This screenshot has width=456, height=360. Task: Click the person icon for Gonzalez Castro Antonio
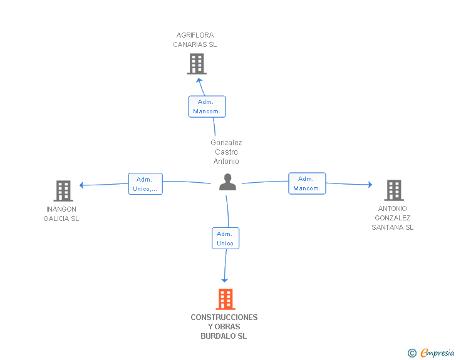pyautogui.click(x=227, y=182)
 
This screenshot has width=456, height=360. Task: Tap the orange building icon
pyautogui.click(x=225, y=299)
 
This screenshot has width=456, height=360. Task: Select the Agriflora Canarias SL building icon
pyautogui.click(x=197, y=64)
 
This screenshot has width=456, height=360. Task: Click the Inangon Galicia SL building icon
pyautogui.click(x=63, y=191)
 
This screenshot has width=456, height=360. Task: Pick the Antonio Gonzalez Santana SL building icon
pyautogui.click(x=394, y=190)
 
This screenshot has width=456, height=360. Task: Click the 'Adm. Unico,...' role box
pyautogui.click(x=145, y=184)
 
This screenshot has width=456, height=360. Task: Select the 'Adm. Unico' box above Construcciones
pyautogui.click(x=225, y=238)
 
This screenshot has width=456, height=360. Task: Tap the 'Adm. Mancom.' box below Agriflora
pyautogui.click(x=207, y=106)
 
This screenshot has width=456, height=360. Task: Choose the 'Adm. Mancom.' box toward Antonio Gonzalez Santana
pyautogui.click(x=307, y=183)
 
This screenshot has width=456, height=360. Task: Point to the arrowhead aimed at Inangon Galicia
pyautogui.click(x=81, y=185)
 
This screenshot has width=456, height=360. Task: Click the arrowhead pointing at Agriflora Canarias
pyautogui.click(x=199, y=81)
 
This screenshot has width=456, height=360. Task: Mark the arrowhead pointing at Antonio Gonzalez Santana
pyautogui.click(x=370, y=184)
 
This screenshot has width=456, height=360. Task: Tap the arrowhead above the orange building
pyautogui.click(x=224, y=280)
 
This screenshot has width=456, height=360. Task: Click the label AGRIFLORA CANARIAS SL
pyautogui.click(x=195, y=40)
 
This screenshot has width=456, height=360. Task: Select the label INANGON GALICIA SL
pyautogui.click(x=61, y=213)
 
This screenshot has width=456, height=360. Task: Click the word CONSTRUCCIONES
pyautogui.click(x=224, y=317)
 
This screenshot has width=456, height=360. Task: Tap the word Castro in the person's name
pyautogui.click(x=226, y=152)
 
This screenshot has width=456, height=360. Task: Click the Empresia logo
pyautogui.click(x=431, y=352)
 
